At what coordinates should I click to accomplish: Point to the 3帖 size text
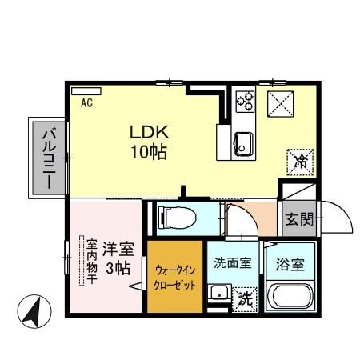pyautogui.click(x=118, y=268)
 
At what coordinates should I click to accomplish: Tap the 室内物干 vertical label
pyautogui.click(x=91, y=262)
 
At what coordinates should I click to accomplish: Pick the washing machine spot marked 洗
pyautogui.click(x=246, y=300)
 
